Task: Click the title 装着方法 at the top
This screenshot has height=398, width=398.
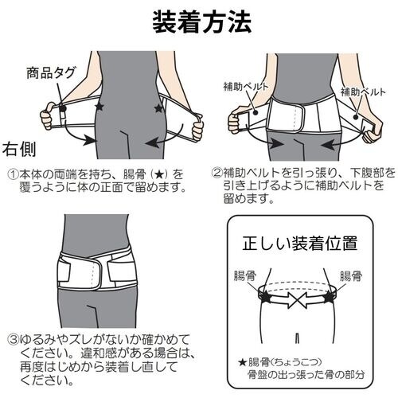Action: pyautogui.click(x=199, y=21)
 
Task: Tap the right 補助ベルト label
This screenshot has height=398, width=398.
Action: pyautogui.click(x=365, y=92)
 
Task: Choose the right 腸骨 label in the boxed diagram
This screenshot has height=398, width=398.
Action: pyautogui.click(x=351, y=276)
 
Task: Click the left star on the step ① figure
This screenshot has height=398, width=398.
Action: pyautogui.click(x=98, y=107)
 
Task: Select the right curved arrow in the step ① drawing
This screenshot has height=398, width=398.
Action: pyautogui.click(x=167, y=139)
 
